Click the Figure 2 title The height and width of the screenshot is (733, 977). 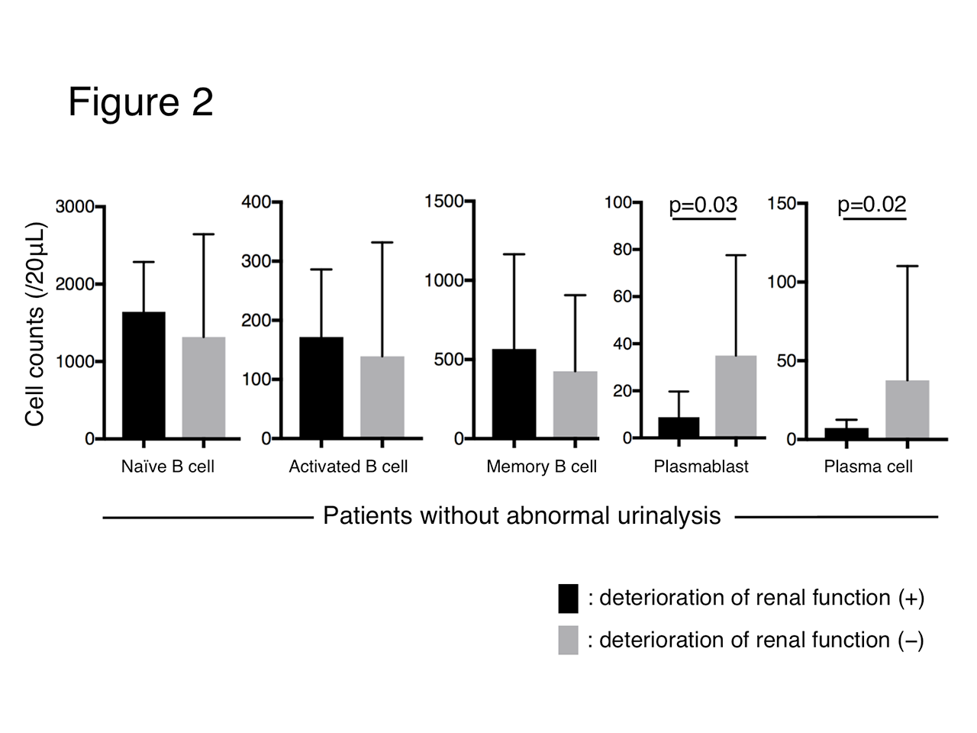click(140, 102)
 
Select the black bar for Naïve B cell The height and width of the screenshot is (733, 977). click(143, 375)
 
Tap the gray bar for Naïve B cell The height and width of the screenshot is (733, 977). click(204, 388)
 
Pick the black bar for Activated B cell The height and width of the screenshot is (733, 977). click(321, 388)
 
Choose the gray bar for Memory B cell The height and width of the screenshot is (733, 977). click(575, 405)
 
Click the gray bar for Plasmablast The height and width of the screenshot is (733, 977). click(736, 396)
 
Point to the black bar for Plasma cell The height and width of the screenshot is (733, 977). click(846, 433)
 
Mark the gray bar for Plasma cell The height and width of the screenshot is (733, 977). click(907, 409)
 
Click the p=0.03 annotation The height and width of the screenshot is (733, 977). click(703, 205)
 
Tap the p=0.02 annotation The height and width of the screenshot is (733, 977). click(872, 204)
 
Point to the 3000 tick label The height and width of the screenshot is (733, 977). click(74, 207)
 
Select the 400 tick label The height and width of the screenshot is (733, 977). click(256, 202)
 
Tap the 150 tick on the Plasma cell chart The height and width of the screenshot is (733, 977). click(782, 203)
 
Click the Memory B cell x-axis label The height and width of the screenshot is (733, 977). click(541, 467)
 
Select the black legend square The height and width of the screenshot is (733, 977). click(568, 599)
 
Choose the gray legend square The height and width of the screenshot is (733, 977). click(568, 640)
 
